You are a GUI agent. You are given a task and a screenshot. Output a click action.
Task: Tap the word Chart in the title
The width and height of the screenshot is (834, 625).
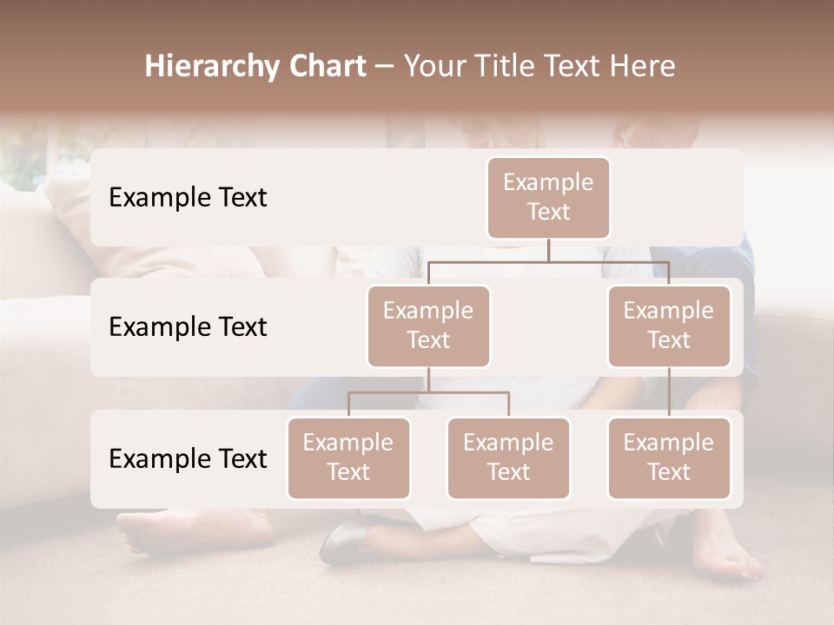324,66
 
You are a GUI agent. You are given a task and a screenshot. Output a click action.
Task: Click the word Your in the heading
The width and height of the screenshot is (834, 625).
434,66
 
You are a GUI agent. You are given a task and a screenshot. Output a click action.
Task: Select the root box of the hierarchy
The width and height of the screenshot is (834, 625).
548,197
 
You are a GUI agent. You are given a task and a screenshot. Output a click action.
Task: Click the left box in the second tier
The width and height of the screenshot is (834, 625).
428,326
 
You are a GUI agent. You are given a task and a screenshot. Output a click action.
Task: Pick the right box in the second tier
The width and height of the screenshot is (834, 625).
669,326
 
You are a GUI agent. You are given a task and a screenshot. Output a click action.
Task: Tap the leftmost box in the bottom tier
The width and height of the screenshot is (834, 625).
348,457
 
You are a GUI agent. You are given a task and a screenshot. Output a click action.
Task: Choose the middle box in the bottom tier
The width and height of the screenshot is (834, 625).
508,457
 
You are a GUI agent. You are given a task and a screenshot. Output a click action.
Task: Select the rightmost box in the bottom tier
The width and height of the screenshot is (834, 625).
669,457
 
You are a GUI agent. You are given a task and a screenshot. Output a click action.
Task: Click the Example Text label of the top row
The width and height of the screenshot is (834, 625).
188,198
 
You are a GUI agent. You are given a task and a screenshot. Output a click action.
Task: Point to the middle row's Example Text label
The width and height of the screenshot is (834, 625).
188,327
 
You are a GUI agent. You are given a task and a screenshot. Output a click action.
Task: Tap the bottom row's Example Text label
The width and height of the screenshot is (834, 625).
188,458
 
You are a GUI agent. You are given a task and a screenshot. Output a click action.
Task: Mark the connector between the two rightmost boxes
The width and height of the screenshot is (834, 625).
669,392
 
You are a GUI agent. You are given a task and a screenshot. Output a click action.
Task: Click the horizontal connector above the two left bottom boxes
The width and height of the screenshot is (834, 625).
428,392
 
